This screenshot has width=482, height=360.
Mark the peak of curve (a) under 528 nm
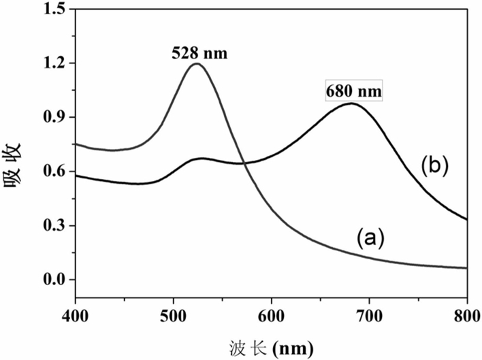197,64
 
